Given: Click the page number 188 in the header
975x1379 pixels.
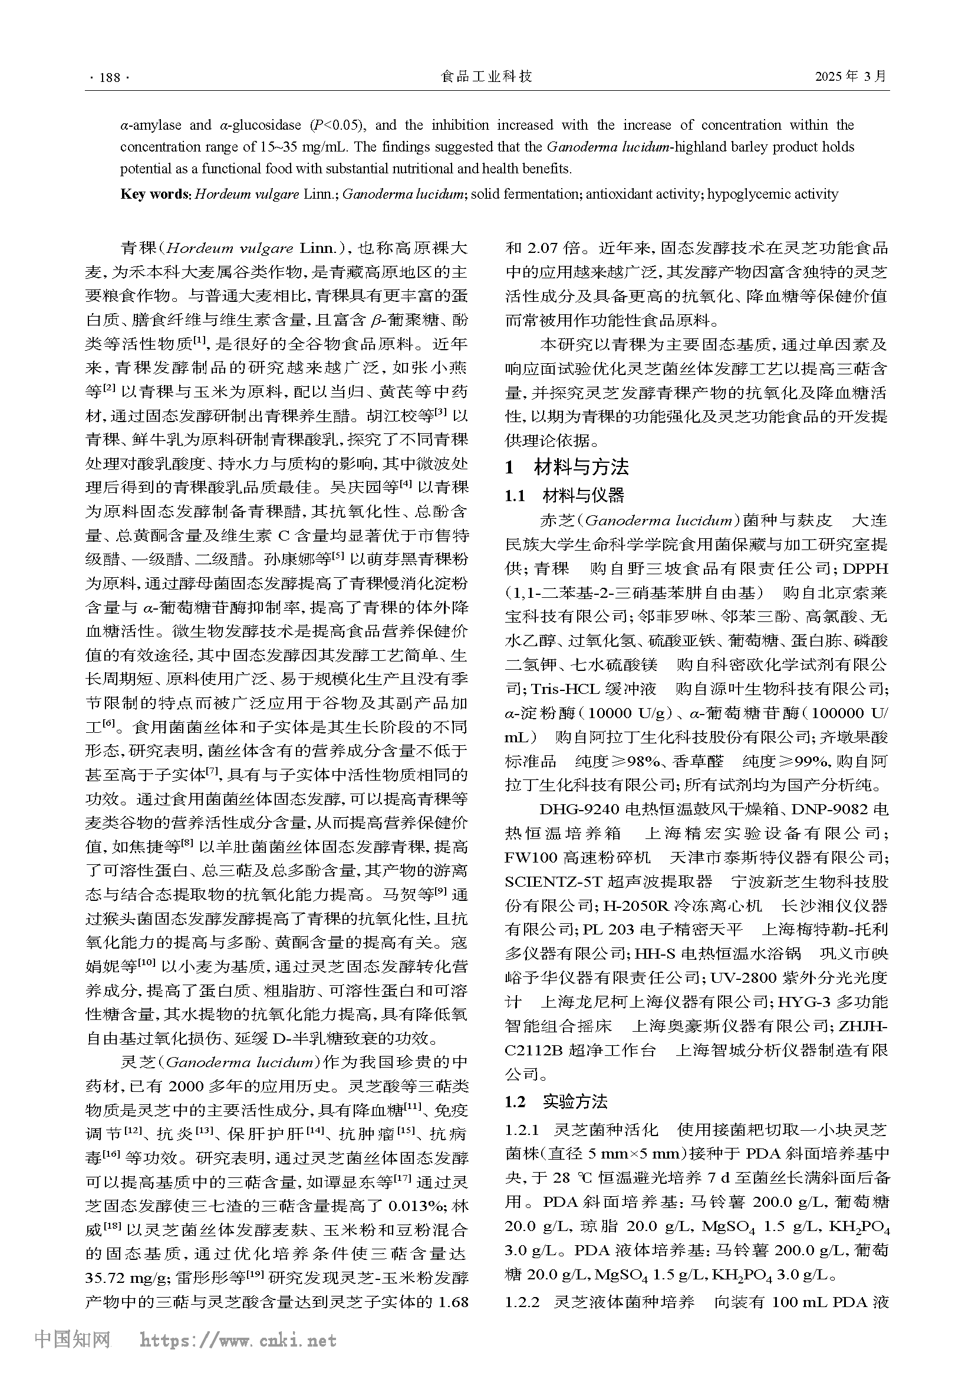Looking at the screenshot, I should [x=109, y=77].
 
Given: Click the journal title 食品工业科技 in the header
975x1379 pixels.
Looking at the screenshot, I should [x=486, y=76].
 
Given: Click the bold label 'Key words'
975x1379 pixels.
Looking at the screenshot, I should [x=155, y=194].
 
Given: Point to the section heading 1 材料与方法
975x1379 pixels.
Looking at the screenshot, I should [x=566, y=467].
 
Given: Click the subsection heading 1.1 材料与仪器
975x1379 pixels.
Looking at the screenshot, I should [x=564, y=495].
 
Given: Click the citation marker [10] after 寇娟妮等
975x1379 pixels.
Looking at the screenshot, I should [x=147, y=963].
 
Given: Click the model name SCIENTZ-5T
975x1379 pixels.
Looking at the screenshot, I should [x=553, y=881].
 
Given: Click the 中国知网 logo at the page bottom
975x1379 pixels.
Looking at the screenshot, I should [x=72, y=1355].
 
